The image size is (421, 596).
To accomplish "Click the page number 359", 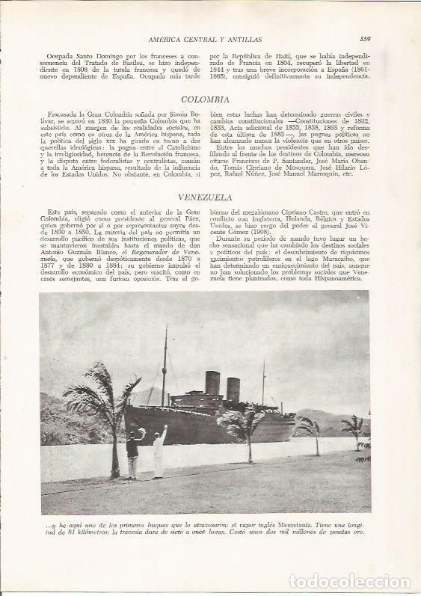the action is pyautogui.click(x=366, y=40).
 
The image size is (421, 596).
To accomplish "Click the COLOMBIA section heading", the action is pyautogui.click(x=210, y=99).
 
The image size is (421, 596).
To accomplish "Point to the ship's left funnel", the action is pyautogui.click(x=213, y=384).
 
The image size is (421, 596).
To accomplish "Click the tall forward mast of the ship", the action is pyautogui.click(x=165, y=366).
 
